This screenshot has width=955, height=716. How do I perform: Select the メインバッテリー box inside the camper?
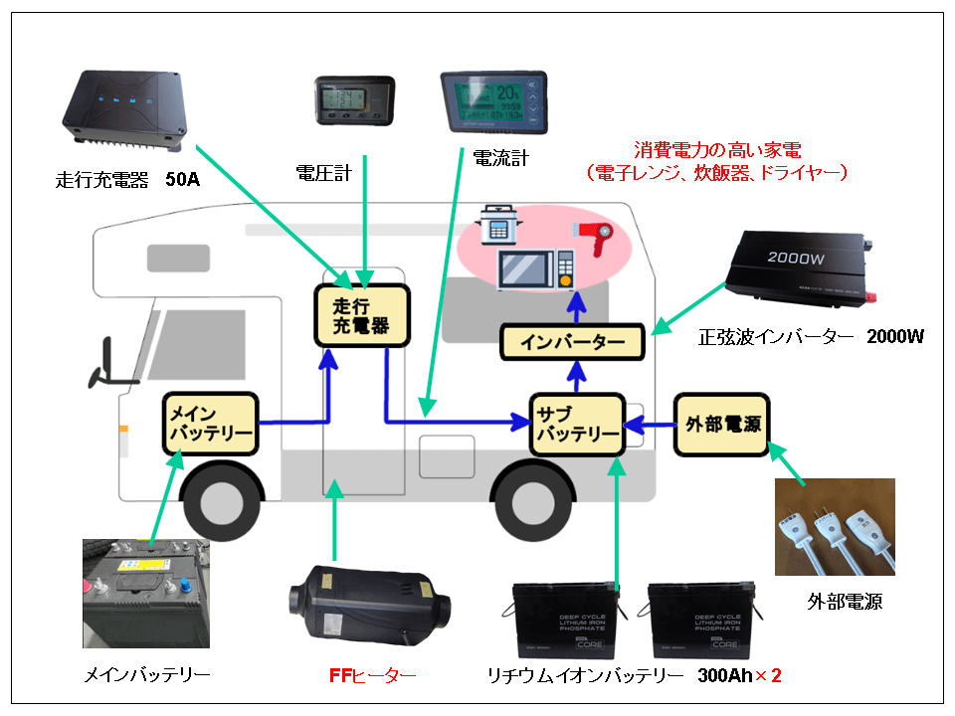point(210,424)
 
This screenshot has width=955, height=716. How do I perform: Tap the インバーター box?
point(573,343)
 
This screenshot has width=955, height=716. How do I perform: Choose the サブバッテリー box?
point(576,424)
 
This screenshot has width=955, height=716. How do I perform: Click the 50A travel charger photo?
point(127,108)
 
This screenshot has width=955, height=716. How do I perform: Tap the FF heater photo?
point(367,602)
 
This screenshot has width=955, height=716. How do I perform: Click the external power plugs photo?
point(835,527)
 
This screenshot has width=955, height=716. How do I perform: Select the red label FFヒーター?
point(372,676)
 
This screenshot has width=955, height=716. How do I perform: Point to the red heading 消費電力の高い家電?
point(717,150)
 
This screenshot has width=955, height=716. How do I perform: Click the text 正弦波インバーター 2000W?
point(811,336)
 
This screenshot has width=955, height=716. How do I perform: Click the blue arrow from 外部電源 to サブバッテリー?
point(649,425)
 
